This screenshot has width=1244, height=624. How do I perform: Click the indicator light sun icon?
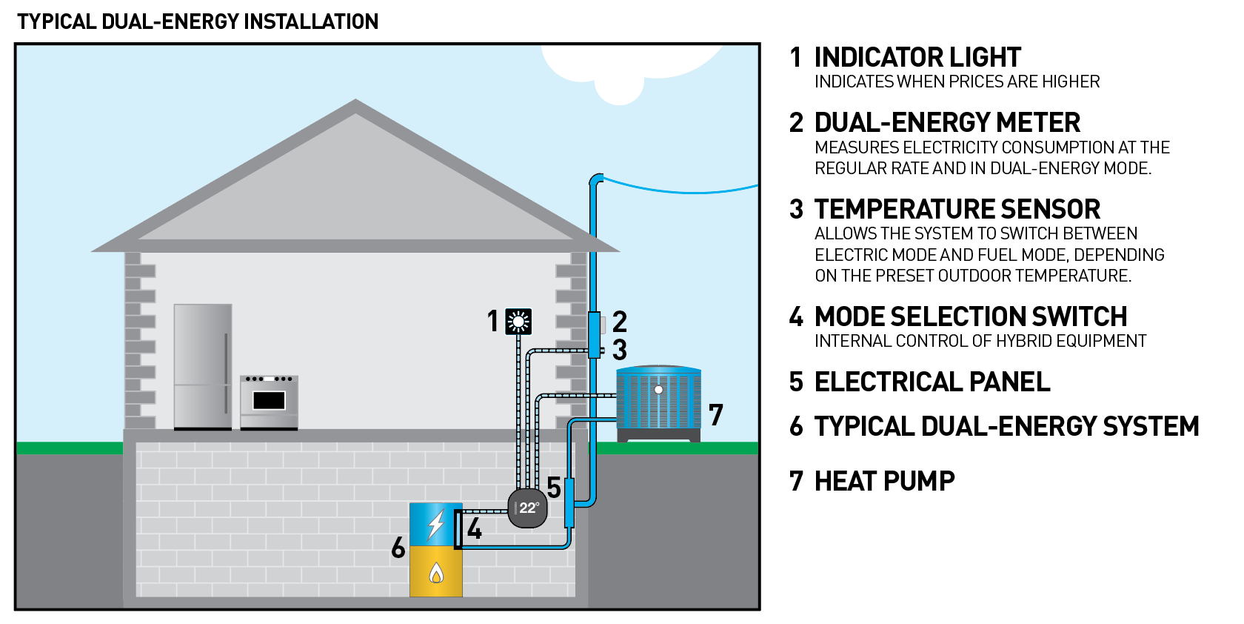(518, 322)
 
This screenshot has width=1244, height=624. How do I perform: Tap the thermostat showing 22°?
(528, 508)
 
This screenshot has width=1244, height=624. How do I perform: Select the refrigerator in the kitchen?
(203, 366)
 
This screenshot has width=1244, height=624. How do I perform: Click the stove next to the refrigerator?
(269, 402)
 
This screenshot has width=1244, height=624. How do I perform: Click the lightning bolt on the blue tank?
(436, 525)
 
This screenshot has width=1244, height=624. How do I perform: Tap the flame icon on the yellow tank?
(436, 573)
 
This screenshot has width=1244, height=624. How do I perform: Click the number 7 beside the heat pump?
(715, 415)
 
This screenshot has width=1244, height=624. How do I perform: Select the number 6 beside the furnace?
(398, 548)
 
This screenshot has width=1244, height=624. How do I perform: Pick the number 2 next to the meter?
(620, 321)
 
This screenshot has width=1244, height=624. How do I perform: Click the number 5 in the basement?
(554, 488)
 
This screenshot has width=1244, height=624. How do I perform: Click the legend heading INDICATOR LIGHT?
(917, 58)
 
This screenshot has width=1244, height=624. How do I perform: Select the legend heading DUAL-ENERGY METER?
(947, 123)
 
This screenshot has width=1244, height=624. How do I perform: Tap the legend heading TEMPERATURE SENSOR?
(957, 210)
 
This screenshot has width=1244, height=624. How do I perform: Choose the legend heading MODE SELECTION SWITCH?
(970, 317)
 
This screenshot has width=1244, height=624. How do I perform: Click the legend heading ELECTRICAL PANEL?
(932, 382)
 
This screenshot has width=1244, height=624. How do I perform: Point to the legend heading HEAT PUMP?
(884, 482)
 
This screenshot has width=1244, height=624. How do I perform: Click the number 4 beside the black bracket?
(475, 529)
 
